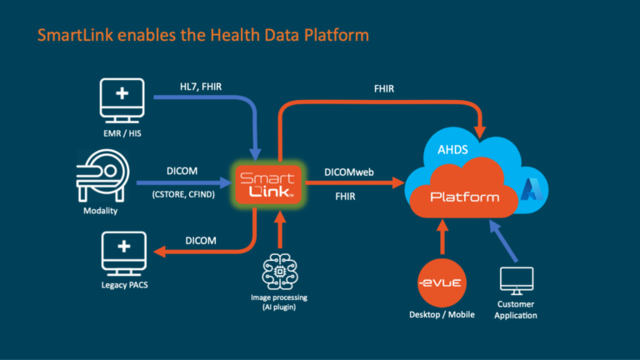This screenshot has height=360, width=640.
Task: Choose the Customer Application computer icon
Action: [x=517, y=283]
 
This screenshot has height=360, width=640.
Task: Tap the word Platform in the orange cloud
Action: [x=463, y=197]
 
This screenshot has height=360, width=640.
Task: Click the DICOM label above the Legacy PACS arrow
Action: [x=200, y=240]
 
